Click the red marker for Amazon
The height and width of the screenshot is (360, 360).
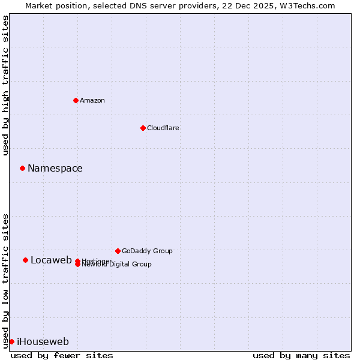pyautogui.click(x=76, y=100)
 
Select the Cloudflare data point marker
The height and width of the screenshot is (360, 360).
pyautogui.click(x=143, y=128)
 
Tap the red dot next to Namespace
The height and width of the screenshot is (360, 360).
pyautogui.click(x=22, y=168)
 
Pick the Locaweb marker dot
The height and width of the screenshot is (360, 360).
pyautogui.click(x=25, y=260)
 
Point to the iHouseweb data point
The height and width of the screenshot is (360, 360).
pyautogui.click(x=11, y=341)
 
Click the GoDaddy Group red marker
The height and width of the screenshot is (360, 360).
pyautogui.click(x=118, y=251)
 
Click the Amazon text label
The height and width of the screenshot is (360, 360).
pyautogui.click(x=92, y=100)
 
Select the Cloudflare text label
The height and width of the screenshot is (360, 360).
pyautogui.click(x=163, y=128)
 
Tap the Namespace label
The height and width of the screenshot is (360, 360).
pyautogui.click(x=55, y=168)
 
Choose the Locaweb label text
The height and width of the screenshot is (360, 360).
pyautogui.click(x=51, y=260)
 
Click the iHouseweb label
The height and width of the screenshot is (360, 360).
pyautogui.click(x=43, y=342)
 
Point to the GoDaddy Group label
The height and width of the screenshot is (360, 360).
pyautogui.click(x=147, y=251)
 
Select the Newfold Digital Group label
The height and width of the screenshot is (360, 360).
pyautogui.click(x=116, y=265)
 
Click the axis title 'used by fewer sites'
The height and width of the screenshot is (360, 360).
pyautogui.click(x=62, y=355)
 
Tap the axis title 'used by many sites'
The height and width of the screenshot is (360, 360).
pyautogui.click(x=301, y=355)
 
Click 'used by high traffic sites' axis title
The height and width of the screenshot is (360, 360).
pyautogui.click(x=5, y=85)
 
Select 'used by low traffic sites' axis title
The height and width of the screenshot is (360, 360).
pyautogui.click(x=5, y=280)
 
